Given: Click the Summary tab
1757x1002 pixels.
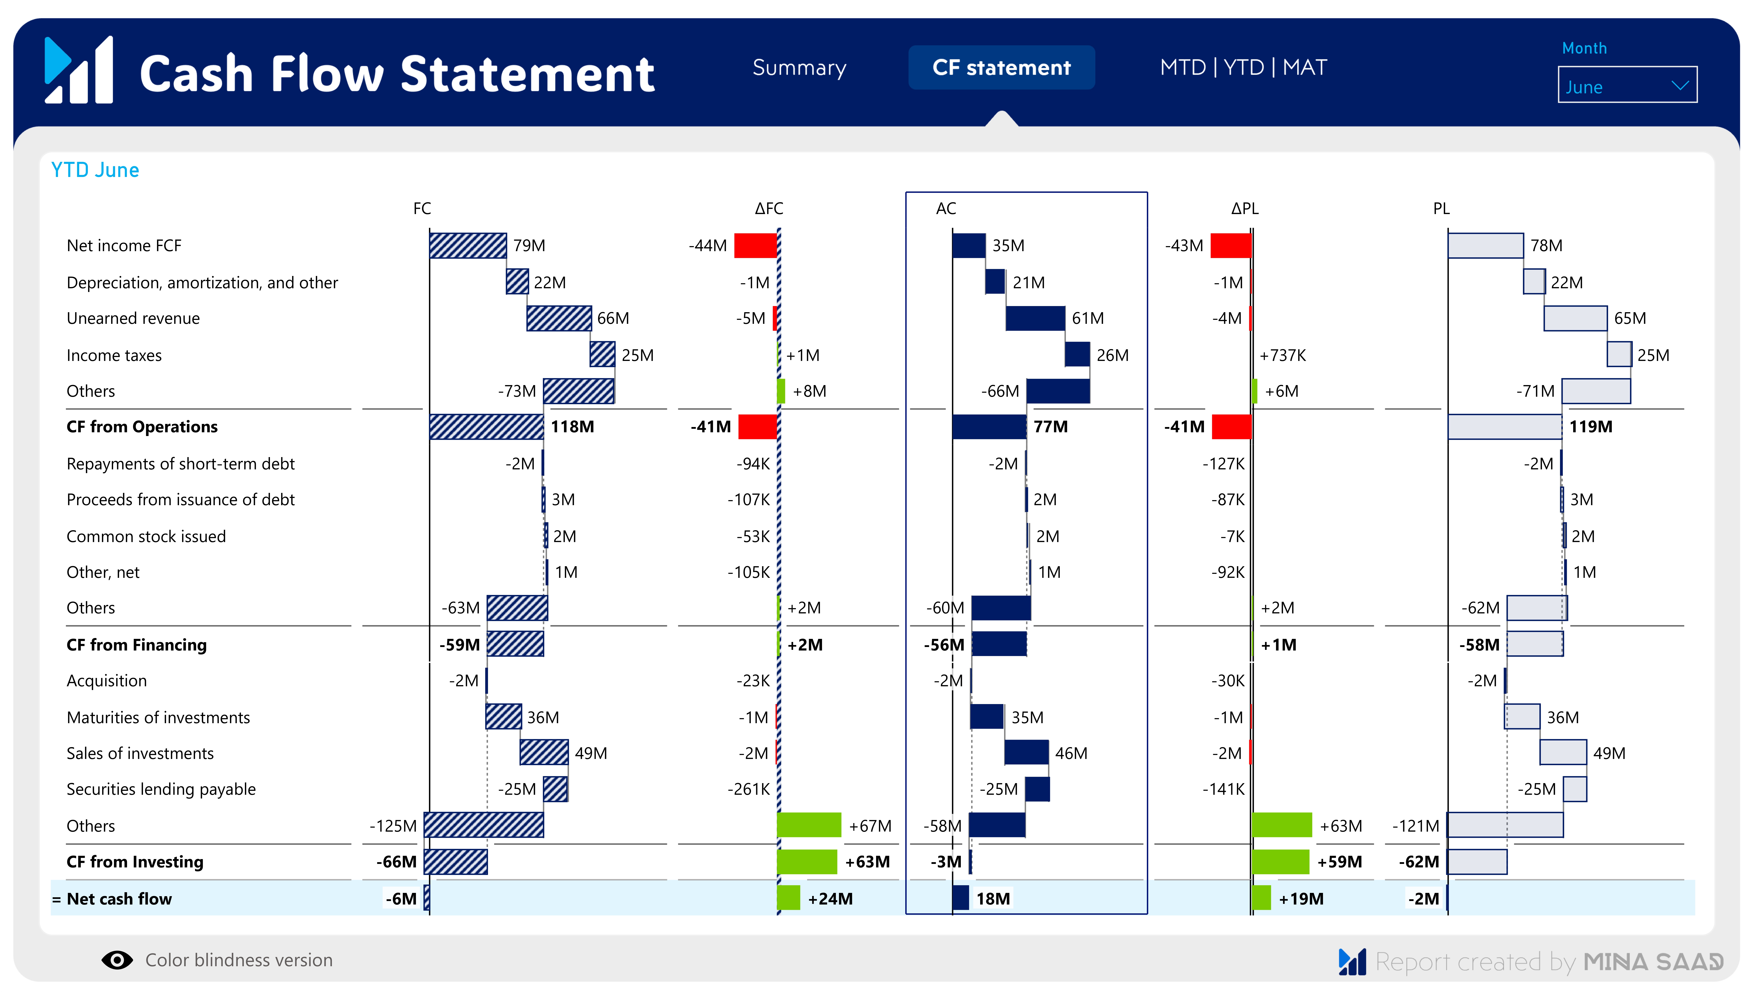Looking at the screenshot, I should pos(799,67).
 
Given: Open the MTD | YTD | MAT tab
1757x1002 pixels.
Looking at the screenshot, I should pos(1243,67).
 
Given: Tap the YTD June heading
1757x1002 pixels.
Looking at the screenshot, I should pos(95,170).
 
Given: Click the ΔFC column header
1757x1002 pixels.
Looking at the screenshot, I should pos(769,209).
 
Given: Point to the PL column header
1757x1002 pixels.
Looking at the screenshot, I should pos(1441,209).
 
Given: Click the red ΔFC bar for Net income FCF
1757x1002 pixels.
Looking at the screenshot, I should pos(755,246).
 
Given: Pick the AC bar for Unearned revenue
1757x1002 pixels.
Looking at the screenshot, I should pos(1035,319).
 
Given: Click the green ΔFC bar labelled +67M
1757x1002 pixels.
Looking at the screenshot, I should pos(809,825).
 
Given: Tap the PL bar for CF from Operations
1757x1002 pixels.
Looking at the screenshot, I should pos(1504,427).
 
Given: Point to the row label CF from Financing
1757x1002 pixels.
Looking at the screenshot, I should pos(136,645).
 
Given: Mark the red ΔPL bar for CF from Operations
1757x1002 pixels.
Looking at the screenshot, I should pos(1231,427).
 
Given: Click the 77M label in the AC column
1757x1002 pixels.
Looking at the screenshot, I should pos(1050,427).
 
